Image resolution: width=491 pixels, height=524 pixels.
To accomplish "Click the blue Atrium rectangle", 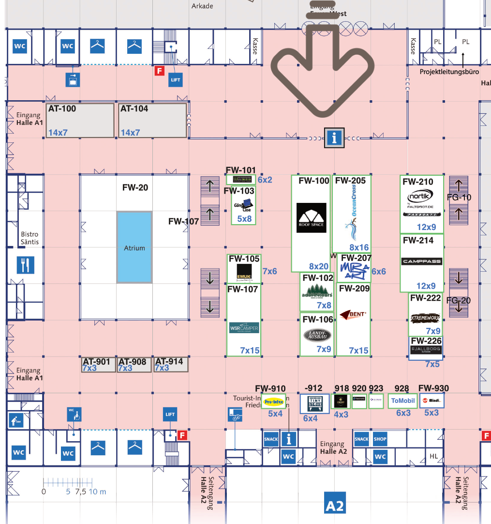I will click(x=134, y=247).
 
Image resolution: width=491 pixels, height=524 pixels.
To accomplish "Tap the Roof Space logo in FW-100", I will click(x=312, y=218).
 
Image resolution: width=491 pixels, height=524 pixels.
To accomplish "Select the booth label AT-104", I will click(x=134, y=109).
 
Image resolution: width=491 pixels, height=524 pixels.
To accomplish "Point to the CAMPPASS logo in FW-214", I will click(x=421, y=262).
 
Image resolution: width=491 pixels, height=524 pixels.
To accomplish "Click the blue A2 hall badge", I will click(x=335, y=506).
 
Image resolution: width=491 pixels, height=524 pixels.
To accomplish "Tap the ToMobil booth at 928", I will click(x=403, y=401).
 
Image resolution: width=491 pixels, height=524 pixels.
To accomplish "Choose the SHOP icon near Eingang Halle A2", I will click(x=380, y=439).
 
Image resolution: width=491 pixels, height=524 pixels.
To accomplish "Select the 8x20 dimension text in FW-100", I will click(x=319, y=266).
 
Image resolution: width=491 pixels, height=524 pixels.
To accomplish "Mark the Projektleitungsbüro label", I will click(x=449, y=72).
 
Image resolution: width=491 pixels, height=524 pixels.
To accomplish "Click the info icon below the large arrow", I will click(x=334, y=139).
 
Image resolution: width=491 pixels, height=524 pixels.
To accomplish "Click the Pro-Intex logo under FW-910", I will click(x=274, y=401).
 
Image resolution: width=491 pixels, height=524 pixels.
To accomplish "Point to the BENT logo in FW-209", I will click(x=353, y=314).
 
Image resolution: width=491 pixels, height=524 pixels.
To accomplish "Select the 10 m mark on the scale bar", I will click(x=97, y=492).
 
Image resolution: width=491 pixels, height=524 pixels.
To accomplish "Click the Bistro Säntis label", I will click(x=30, y=238).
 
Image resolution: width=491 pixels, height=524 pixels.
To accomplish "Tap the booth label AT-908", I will click(x=133, y=362).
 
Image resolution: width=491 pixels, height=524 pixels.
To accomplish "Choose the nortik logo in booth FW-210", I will click(x=420, y=197).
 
